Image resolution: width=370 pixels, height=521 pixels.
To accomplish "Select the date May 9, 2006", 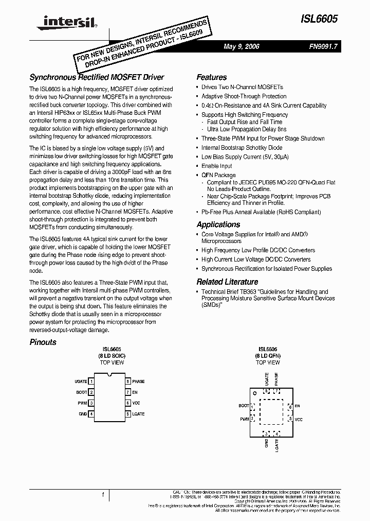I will (242, 46).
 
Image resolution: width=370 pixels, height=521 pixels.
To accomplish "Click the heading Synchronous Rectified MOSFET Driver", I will (97, 77).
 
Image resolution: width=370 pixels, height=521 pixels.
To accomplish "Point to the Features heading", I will (211, 77).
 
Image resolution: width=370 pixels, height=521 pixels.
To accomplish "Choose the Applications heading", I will (218, 224).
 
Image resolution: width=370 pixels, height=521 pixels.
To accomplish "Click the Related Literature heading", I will (227, 282).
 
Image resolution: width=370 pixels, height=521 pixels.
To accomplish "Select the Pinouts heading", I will (43, 342).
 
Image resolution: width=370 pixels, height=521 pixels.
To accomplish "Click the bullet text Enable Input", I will (217, 166).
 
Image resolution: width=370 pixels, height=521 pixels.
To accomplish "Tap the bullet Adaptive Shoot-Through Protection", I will (244, 96).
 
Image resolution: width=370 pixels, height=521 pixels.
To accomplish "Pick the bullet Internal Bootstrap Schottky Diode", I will (242, 147).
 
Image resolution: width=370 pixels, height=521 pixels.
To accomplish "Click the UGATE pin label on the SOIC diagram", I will (81, 381).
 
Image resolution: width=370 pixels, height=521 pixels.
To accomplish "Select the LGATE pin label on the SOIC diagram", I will (138, 414).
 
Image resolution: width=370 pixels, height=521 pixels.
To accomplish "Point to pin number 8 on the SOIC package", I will (127, 381).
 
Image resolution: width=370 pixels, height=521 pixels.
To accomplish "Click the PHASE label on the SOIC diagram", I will (138, 381).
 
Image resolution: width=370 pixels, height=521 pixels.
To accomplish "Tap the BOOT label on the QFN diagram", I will (244, 406).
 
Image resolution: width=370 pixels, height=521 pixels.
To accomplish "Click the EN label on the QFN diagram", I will (297, 406).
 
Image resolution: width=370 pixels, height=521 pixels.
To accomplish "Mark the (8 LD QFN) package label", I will (268, 355).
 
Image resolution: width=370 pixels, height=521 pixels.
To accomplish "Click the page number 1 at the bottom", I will (103, 495).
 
